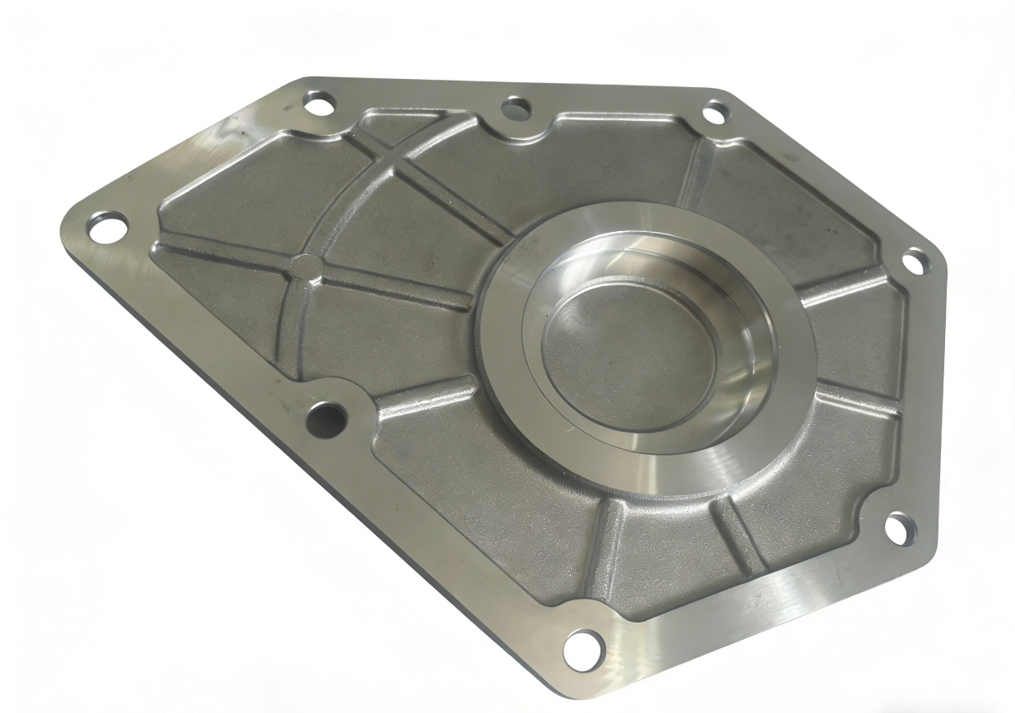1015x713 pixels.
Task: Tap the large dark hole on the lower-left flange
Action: (325, 419)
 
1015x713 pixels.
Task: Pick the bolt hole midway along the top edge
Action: (516, 108)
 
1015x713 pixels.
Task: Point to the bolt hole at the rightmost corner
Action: (915, 262)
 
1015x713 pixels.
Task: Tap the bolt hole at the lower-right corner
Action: (901, 528)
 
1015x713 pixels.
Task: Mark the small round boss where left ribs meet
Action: (305, 266)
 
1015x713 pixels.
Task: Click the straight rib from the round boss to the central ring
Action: (395, 288)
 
